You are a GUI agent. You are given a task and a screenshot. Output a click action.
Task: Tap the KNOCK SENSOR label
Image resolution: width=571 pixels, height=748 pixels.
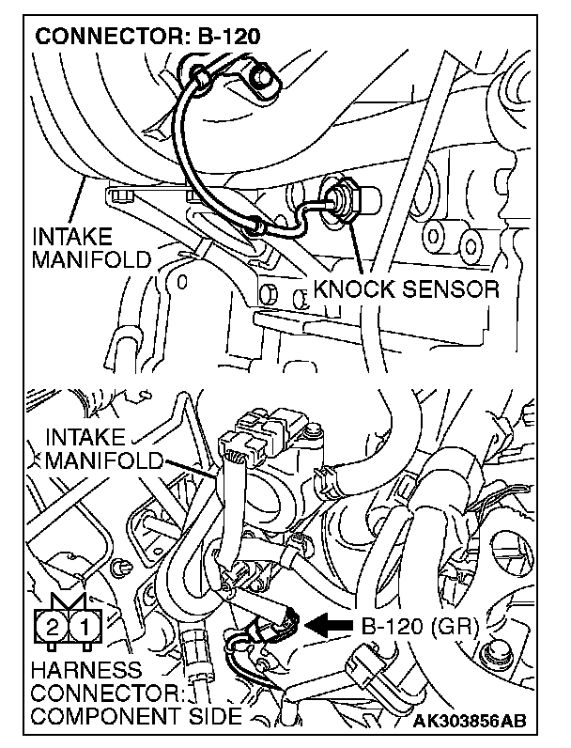coord(406,289)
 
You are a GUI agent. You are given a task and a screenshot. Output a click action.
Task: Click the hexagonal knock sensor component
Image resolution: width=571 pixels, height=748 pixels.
coord(339,199)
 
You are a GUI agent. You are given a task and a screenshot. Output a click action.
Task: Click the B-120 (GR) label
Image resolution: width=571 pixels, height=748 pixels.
coord(419,624)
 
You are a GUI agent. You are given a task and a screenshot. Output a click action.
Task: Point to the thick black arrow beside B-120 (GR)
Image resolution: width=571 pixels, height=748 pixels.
coord(328,622)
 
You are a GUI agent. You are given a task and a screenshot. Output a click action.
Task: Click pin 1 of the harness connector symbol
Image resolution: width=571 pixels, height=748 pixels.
coord(83,625)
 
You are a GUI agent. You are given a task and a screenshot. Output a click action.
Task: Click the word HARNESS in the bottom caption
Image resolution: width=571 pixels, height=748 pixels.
coord(85,671)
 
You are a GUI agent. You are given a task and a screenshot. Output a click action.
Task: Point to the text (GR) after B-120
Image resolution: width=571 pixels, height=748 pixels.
coord(458,624)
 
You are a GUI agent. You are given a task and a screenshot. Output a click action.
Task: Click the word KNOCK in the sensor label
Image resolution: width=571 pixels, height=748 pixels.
coord(353,289)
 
